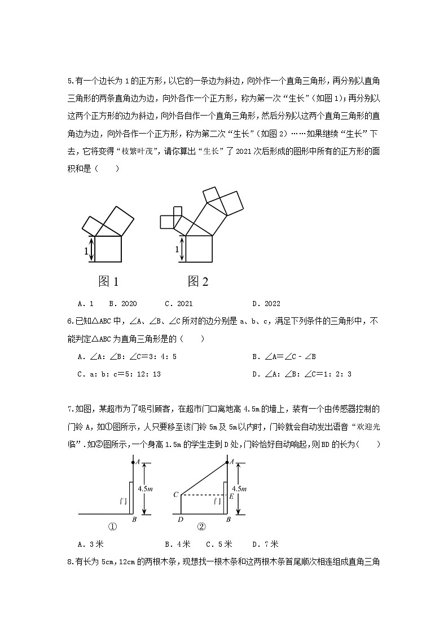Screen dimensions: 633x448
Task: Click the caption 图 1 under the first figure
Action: tap(108, 281)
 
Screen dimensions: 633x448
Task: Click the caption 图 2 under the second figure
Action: tap(198, 281)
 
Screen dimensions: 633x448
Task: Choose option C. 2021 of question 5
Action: tap(178, 303)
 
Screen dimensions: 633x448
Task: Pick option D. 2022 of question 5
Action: tap(266, 303)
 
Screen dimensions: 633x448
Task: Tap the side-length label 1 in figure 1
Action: tap(86, 252)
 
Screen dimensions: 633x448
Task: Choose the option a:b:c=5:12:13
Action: tap(119, 374)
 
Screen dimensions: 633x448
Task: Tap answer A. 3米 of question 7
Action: tap(91, 544)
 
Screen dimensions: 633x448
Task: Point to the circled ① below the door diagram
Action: tap(112, 527)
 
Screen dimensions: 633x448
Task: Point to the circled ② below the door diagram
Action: tap(201, 527)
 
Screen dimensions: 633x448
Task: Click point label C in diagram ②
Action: tap(175, 495)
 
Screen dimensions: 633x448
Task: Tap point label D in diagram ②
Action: tap(180, 520)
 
